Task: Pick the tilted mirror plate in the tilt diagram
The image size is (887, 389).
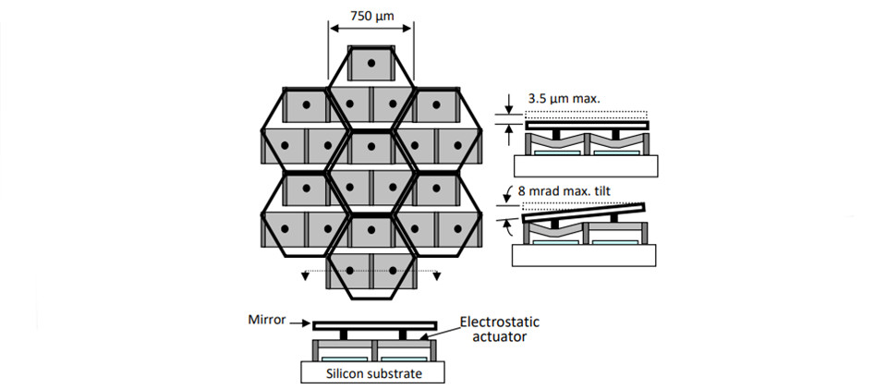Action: [584, 212]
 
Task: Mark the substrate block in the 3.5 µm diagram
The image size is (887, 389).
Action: [585, 165]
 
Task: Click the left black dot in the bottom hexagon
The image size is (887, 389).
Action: [350, 270]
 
